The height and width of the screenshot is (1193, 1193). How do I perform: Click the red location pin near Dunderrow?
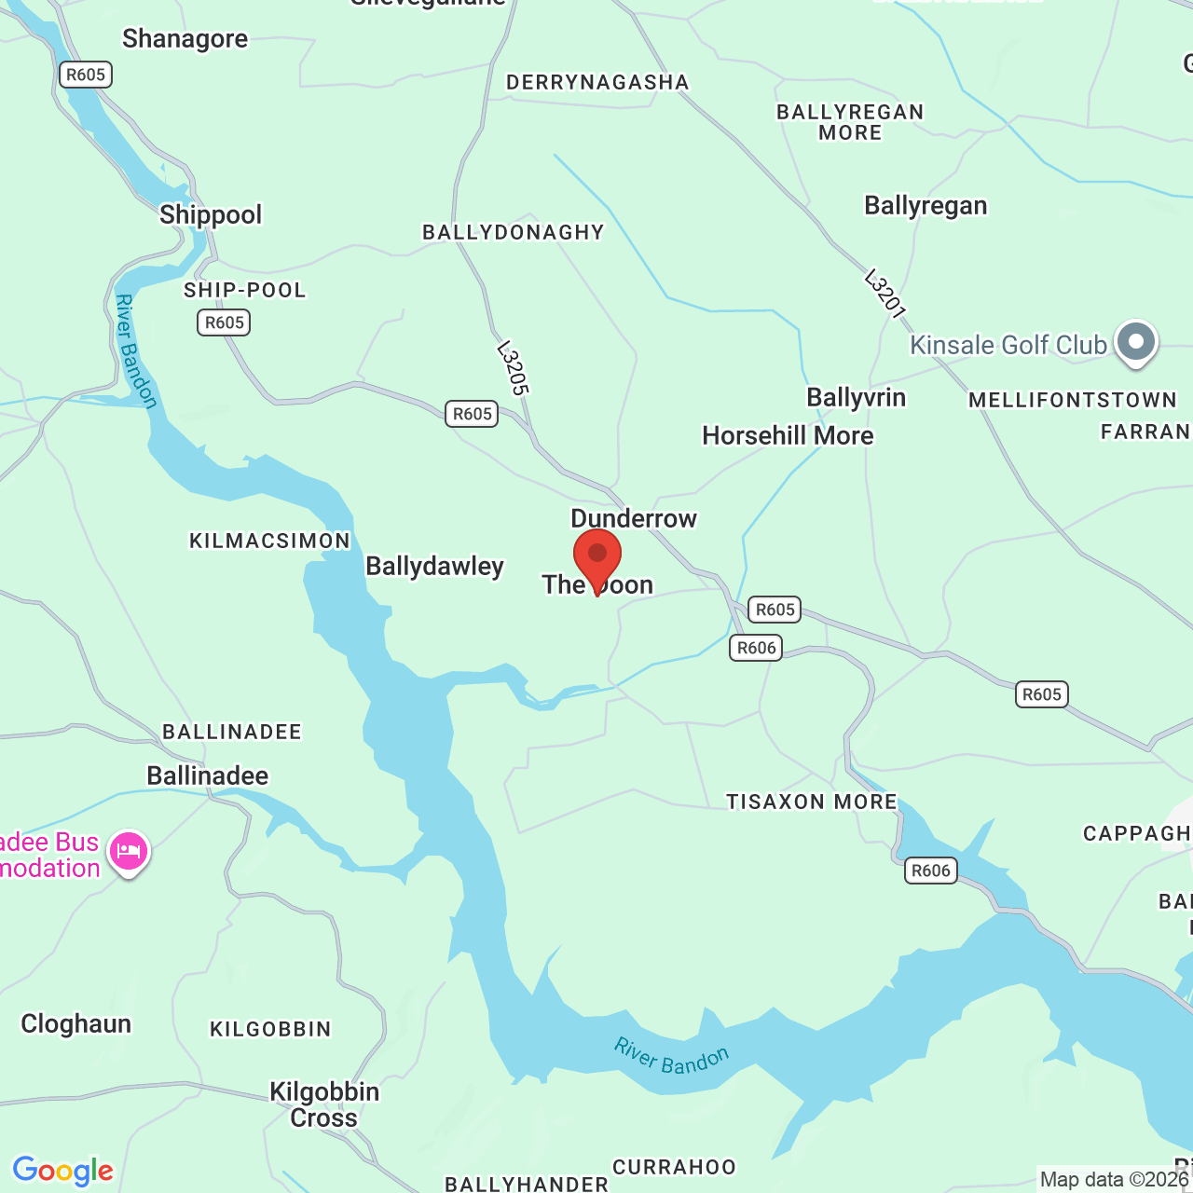click(x=596, y=556)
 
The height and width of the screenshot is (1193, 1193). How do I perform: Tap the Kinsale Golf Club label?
click(x=1008, y=345)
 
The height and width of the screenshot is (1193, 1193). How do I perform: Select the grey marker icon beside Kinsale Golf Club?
click(x=1135, y=341)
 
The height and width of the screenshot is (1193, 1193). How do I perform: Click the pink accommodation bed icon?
click(x=129, y=851)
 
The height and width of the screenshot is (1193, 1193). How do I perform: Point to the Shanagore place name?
click(x=185, y=39)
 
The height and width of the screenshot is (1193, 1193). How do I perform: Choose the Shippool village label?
click(x=211, y=214)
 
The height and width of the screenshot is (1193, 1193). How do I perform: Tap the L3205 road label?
click(x=513, y=368)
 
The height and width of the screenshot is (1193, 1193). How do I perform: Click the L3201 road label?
click(x=884, y=293)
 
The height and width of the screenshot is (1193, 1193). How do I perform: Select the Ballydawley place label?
click(x=434, y=566)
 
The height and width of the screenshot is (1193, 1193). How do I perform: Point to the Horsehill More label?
click(x=788, y=435)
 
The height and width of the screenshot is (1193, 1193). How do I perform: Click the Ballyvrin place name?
click(x=856, y=397)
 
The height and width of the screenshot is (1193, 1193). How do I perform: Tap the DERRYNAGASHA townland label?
click(x=597, y=82)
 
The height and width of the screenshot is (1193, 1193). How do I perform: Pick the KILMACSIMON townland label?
click(x=269, y=541)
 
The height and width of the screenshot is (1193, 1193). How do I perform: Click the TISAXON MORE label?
click(x=811, y=802)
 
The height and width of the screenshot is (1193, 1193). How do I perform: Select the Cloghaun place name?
click(x=75, y=1023)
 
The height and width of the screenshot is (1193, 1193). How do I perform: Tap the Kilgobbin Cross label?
click(x=324, y=1104)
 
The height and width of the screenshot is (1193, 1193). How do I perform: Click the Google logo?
click(x=62, y=1171)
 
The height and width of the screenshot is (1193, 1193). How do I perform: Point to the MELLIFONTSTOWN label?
click(x=1072, y=400)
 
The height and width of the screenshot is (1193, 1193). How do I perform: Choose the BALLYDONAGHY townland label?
click(x=514, y=232)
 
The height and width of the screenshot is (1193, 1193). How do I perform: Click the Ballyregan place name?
click(x=926, y=205)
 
